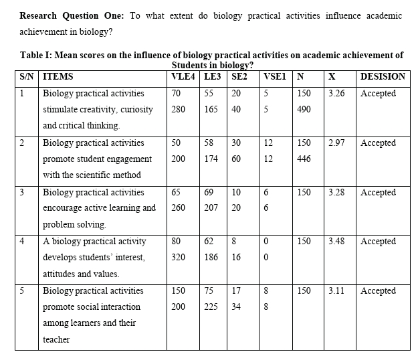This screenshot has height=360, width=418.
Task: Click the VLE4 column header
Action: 183,76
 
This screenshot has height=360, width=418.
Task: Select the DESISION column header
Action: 383,76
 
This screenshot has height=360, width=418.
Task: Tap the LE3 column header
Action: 213,76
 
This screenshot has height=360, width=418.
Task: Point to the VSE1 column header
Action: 276,76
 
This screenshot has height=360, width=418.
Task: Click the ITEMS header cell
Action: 58,76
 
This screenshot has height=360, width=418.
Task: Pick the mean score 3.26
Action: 337,93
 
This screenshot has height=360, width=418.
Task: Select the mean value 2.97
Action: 337,143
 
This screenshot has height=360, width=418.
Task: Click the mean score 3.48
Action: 337,241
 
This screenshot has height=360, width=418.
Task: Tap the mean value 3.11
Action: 337,290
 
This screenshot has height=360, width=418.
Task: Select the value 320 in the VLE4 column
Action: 179,257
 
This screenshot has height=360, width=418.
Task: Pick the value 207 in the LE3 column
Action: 211,208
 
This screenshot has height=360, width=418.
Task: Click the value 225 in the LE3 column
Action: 211,306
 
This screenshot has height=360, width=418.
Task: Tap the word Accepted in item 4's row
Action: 378,241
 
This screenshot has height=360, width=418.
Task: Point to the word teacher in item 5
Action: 56,339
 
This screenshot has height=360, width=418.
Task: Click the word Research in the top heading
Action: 40,15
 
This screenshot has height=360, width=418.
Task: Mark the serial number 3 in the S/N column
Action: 22,192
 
